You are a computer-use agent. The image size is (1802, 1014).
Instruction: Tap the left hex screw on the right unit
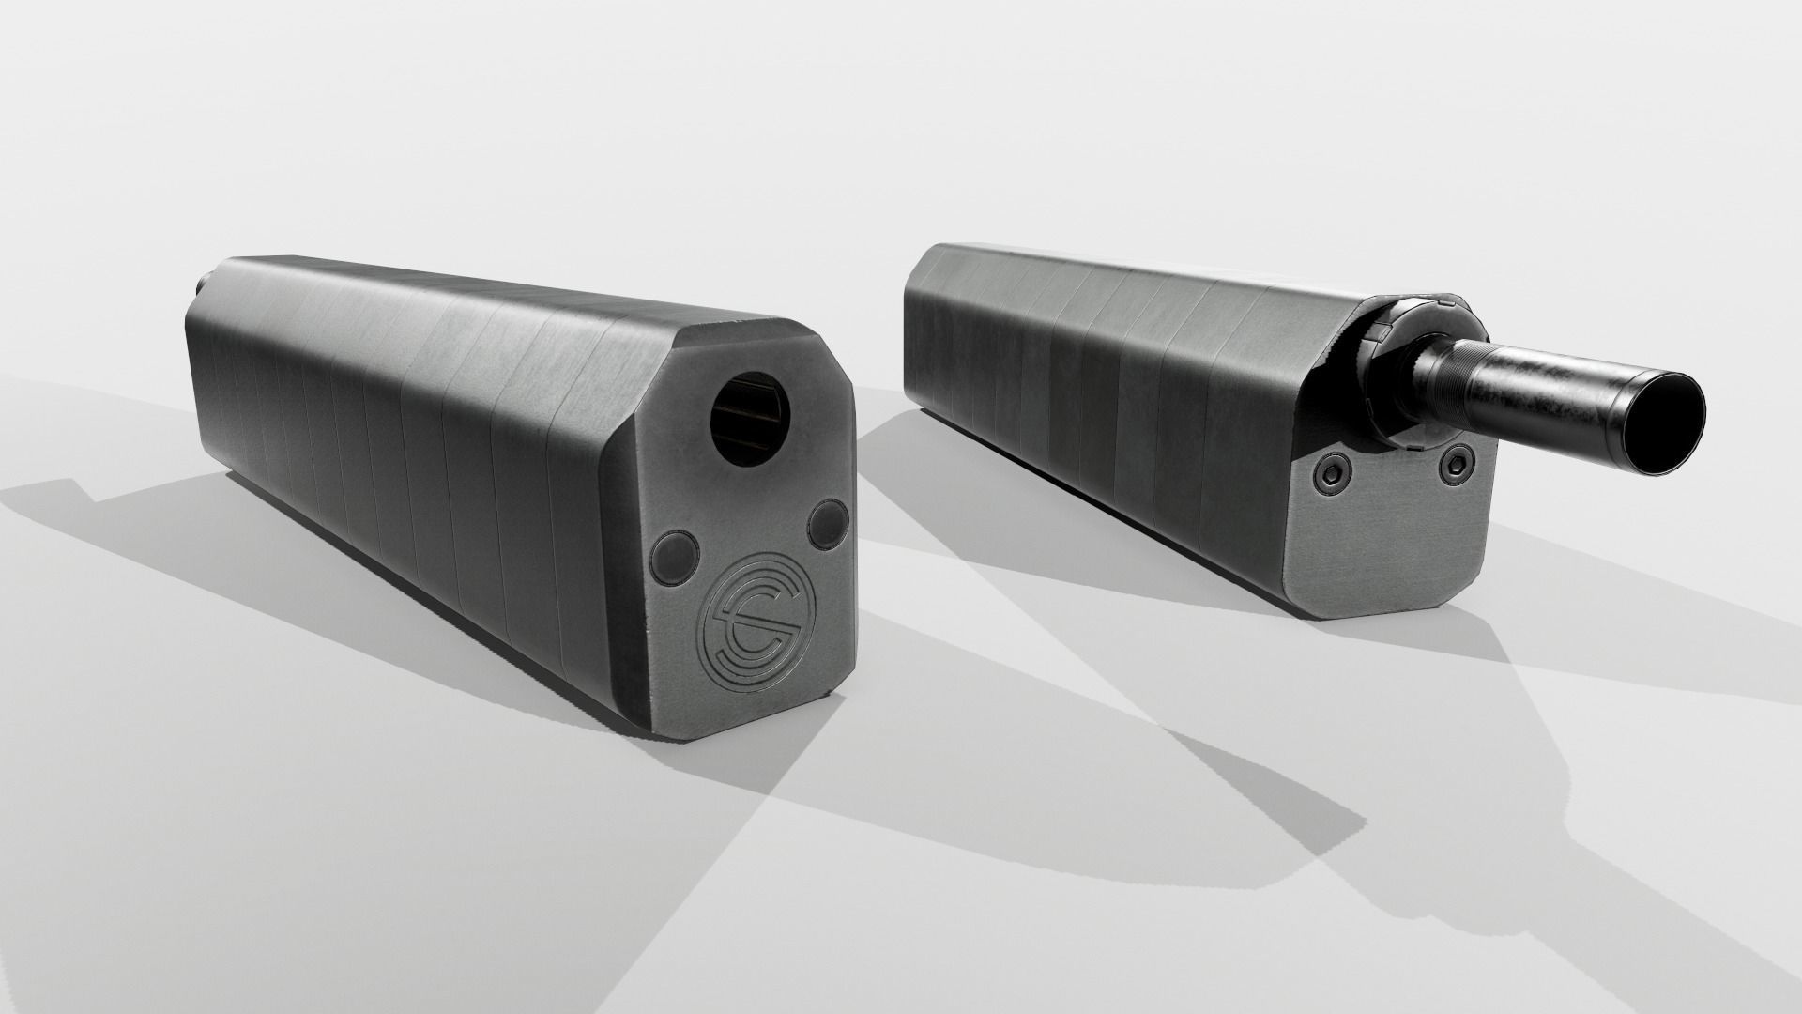point(1328,478)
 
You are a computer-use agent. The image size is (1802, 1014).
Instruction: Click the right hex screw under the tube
point(1456,460)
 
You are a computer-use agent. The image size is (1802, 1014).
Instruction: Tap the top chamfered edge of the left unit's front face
point(741,335)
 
